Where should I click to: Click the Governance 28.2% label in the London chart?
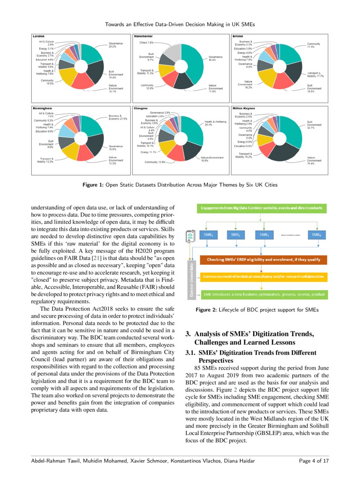(x=115, y=45)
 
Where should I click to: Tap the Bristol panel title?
(x=238, y=36)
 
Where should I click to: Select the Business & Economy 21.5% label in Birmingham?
(x=118, y=118)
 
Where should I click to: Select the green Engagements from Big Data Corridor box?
(x=261, y=208)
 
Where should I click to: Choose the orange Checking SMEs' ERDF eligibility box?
(x=262, y=260)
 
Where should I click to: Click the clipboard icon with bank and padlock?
(x=191, y=237)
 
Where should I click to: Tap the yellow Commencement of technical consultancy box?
(x=262, y=277)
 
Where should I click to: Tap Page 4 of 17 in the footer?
(x=314, y=461)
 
